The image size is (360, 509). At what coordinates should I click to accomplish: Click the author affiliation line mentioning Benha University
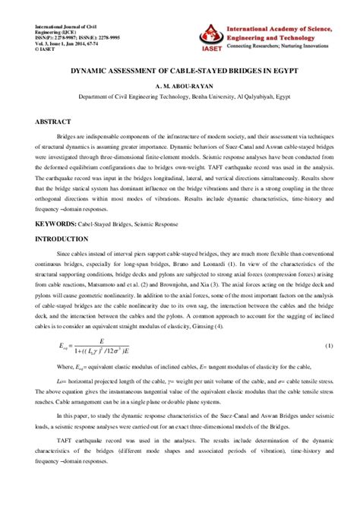180,96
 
